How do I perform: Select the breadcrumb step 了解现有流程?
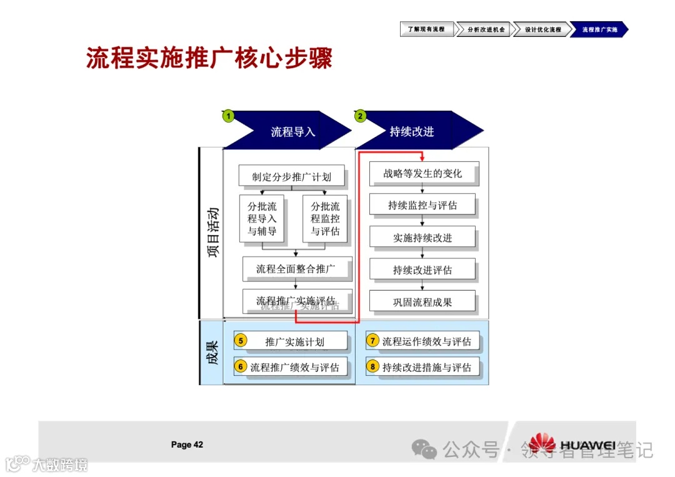pyautogui.click(x=426, y=29)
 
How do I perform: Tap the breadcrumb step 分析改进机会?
pyautogui.click(x=484, y=29)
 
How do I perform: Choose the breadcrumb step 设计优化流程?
pyautogui.click(x=541, y=29)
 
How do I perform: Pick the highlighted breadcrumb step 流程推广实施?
pyautogui.click(x=598, y=29)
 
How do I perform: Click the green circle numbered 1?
pyautogui.click(x=229, y=116)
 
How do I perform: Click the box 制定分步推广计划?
pyautogui.click(x=291, y=176)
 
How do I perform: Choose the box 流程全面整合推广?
pyautogui.click(x=296, y=269)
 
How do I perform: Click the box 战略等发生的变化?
pyautogui.click(x=423, y=173)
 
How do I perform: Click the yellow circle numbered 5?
pyautogui.click(x=241, y=341)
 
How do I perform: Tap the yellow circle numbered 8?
pyautogui.click(x=372, y=366)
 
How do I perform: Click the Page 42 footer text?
pyautogui.click(x=187, y=445)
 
